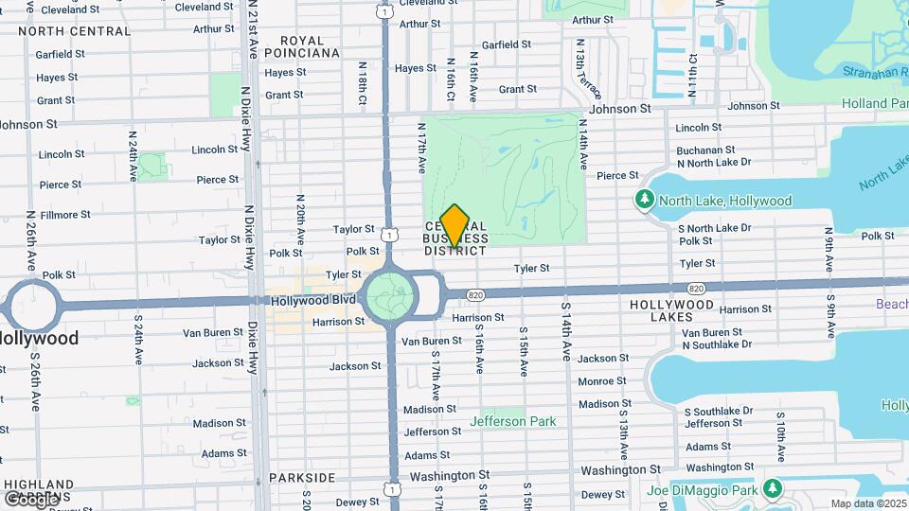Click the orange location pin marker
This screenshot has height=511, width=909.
[454, 225]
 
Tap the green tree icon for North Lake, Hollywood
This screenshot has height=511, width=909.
[645, 201]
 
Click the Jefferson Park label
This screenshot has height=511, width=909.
[513, 421]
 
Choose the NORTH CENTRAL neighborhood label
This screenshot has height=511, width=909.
[74, 31]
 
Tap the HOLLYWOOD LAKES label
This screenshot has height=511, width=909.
[672, 311]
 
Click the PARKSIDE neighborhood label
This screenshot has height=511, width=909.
[302, 477]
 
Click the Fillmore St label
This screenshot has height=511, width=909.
[65, 215]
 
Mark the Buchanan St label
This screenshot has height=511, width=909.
[706, 150]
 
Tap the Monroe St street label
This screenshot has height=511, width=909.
[602, 380]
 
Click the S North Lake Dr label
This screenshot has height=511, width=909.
[715, 227]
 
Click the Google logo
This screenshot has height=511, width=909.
[30, 498]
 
